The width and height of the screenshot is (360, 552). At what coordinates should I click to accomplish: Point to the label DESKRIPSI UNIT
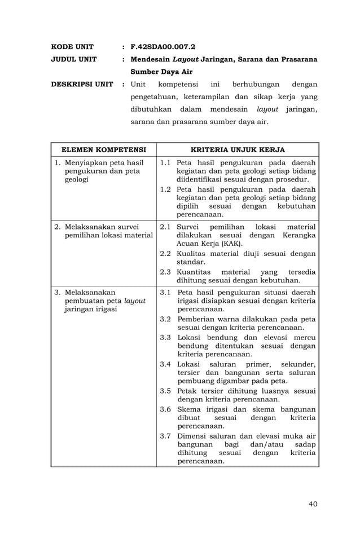(x=82, y=85)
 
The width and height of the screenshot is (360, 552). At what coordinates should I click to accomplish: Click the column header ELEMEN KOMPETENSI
(x=103, y=150)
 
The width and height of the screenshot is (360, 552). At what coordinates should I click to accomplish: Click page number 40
(x=313, y=504)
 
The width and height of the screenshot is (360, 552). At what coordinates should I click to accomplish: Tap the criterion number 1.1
(x=165, y=163)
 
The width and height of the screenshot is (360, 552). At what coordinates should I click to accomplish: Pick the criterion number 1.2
(x=165, y=189)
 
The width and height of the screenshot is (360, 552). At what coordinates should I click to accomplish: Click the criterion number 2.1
(x=165, y=226)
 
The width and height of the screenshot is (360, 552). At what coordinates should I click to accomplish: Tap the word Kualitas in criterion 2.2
(x=191, y=253)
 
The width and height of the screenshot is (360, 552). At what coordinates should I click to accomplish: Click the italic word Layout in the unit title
(x=185, y=59)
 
